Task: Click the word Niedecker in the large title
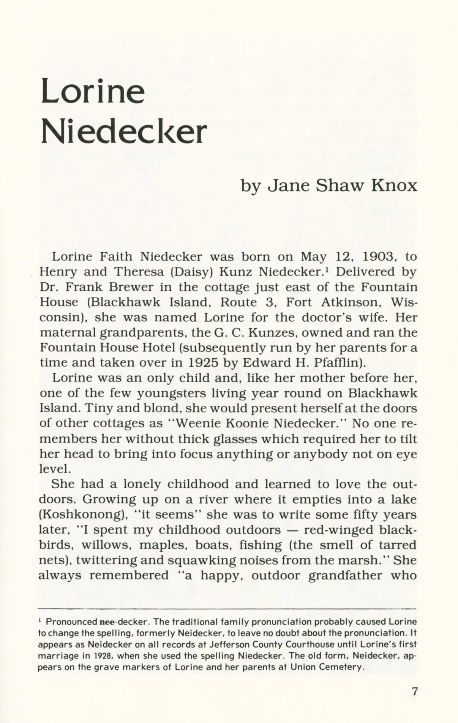pos(123,131)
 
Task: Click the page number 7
pos(415,691)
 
